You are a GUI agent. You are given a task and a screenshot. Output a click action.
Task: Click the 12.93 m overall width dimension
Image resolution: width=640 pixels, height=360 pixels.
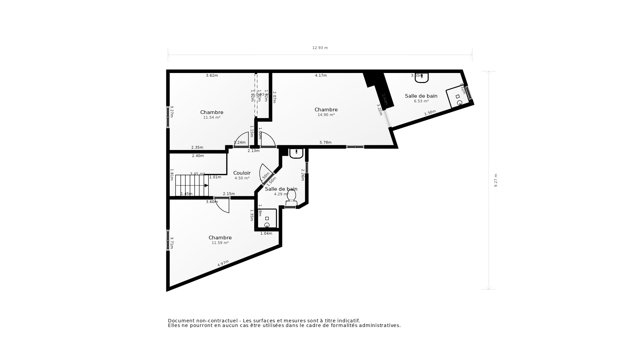pos(320,48)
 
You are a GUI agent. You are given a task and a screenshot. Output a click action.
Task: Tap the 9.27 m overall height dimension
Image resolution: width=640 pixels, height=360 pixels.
pos(496,180)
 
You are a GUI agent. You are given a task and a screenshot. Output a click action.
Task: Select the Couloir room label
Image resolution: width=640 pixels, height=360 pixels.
pos(242,173)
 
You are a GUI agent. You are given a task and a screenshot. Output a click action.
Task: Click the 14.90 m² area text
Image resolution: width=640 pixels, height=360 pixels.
pos(326,115)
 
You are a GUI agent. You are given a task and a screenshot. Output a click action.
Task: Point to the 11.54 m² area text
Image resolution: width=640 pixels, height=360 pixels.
pos(212,118)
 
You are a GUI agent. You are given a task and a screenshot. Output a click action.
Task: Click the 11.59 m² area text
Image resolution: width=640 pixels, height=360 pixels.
pos(220,243)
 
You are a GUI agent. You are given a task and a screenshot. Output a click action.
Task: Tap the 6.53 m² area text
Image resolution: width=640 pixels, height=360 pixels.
pos(421,101)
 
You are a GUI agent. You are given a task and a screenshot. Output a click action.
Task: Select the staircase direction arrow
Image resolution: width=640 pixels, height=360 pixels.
pos(206,185)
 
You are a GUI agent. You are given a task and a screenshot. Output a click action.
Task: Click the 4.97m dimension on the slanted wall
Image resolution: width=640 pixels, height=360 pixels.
pos(223,263)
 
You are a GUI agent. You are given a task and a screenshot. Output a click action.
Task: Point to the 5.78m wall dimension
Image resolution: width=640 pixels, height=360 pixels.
pos(325,143)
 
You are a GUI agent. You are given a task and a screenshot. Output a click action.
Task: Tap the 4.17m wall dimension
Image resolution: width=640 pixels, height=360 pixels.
pos(321,76)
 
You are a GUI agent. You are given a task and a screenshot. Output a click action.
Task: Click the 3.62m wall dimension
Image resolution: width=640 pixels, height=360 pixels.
pos(212,76)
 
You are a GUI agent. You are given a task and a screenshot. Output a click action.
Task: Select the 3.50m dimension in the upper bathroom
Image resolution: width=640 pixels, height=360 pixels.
pos(430,113)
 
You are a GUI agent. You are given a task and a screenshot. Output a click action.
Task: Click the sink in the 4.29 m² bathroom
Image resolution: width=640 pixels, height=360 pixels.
pos(296,153)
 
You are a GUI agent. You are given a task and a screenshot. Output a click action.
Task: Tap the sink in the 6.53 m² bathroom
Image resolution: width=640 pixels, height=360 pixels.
pos(422,78)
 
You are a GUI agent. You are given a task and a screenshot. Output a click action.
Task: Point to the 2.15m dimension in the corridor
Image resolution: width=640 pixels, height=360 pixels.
pos(229,194)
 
